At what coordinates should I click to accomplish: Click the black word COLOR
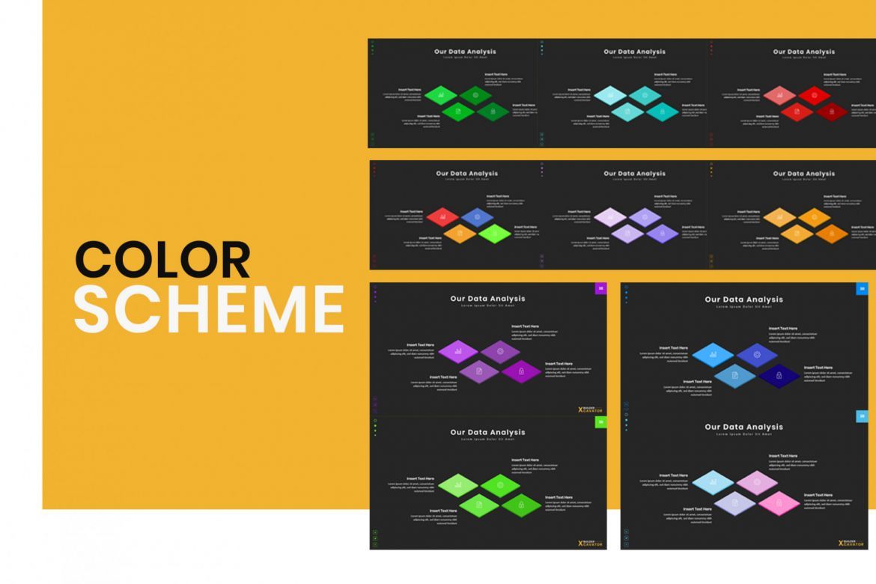[x=162, y=260]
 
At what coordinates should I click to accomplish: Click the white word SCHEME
[x=209, y=308]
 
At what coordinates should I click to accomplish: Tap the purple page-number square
[x=600, y=288]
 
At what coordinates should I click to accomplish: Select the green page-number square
[x=600, y=422]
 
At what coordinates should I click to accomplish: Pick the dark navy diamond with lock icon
[x=779, y=375]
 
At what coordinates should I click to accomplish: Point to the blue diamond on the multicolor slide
[x=477, y=218]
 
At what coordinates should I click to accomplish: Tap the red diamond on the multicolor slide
[x=442, y=218]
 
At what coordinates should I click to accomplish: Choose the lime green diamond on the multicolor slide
[x=494, y=234]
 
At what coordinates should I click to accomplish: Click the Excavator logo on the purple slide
[x=591, y=410]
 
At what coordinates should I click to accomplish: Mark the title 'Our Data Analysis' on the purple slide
[x=487, y=299]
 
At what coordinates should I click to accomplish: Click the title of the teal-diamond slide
[x=634, y=52]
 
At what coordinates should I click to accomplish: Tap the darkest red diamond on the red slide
[x=831, y=112]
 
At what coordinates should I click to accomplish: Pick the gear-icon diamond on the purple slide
[x=500, y=351]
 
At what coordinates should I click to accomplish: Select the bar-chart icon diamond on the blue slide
[x=713, y=354]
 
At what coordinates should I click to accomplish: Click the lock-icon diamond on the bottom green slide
[x=521, y=505]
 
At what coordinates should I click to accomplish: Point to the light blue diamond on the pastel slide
[x=713, y=482]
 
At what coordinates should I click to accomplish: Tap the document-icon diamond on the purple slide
[x=479, y=371]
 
